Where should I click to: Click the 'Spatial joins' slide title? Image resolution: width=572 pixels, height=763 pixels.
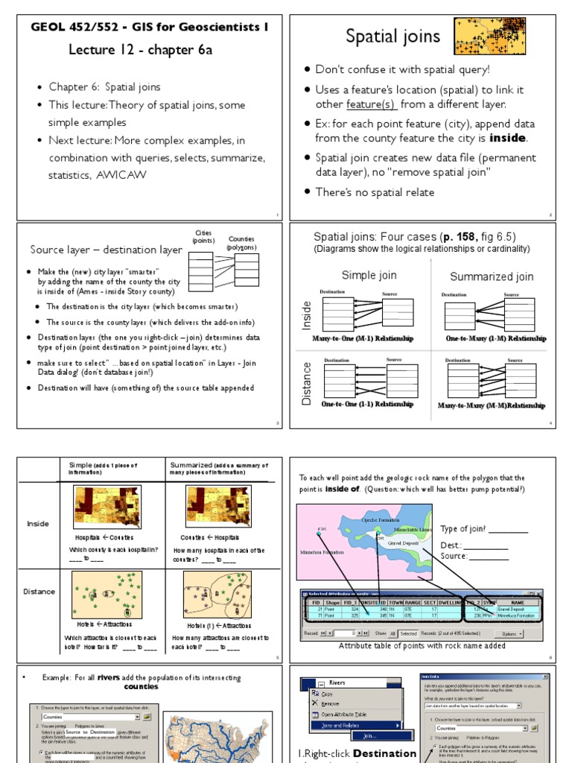click(x=393, y=37)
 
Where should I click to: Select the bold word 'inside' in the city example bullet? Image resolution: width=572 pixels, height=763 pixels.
click(x=508, y=139)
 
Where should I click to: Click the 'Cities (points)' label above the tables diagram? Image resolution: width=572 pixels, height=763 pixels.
click(x=203, y=238)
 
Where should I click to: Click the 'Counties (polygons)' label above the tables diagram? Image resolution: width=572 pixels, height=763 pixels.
click(x=241, y=244)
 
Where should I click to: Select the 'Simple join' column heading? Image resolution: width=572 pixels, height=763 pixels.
click(x=369, y=275)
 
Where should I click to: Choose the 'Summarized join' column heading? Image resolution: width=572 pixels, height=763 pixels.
click(x=492, y=276)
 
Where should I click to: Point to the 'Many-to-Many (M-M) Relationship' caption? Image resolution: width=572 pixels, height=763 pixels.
click(x=492, y=406)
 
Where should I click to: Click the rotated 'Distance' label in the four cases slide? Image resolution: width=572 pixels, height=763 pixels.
click(x=307, y=383)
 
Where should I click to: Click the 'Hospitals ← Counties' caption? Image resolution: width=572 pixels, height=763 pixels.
click(x=105, y=537)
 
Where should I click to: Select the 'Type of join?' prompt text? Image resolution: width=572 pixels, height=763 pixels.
click(x=472, y=529)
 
